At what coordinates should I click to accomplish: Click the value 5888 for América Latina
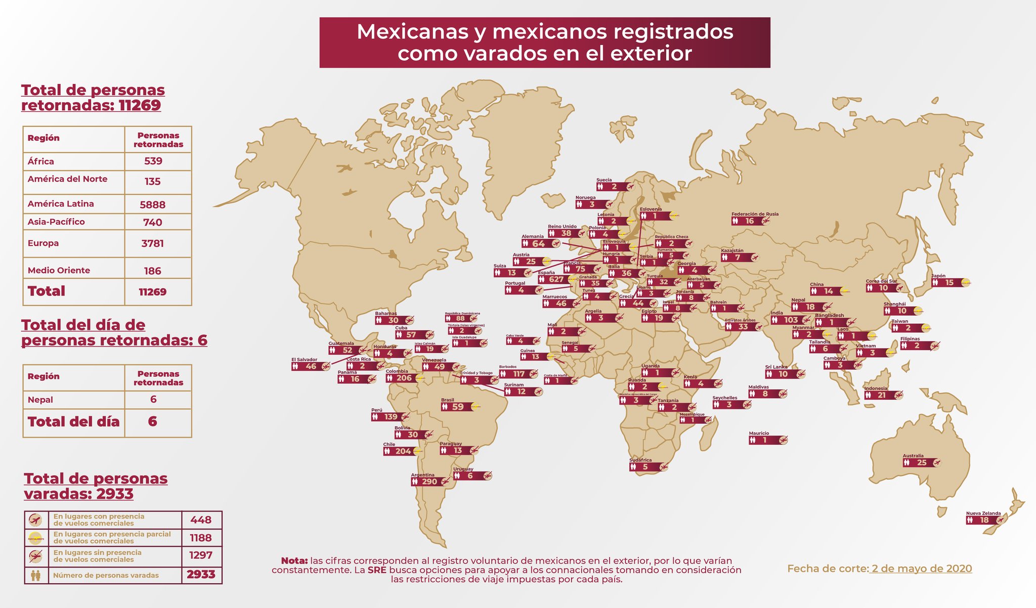point(152,204)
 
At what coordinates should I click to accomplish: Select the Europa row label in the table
point(44,243)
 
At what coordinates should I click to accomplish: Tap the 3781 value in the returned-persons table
point(152,243)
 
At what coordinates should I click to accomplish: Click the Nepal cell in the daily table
point(40,400)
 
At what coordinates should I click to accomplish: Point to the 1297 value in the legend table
point(201,555)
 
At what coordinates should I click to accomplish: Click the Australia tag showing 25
point(922,462)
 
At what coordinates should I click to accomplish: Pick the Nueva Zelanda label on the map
point(983,513)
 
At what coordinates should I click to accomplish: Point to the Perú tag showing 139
point(390,417)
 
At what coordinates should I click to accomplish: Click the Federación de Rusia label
point(755,214)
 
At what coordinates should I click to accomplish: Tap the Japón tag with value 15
point(949,282)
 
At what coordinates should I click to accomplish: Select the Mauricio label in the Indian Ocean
point(759,433)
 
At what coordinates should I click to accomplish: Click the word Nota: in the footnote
point(294,561)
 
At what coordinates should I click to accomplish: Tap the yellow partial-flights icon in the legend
point(36,538)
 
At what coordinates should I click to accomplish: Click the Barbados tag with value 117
point(519,374)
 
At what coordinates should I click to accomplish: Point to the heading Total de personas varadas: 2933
point(96,486)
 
